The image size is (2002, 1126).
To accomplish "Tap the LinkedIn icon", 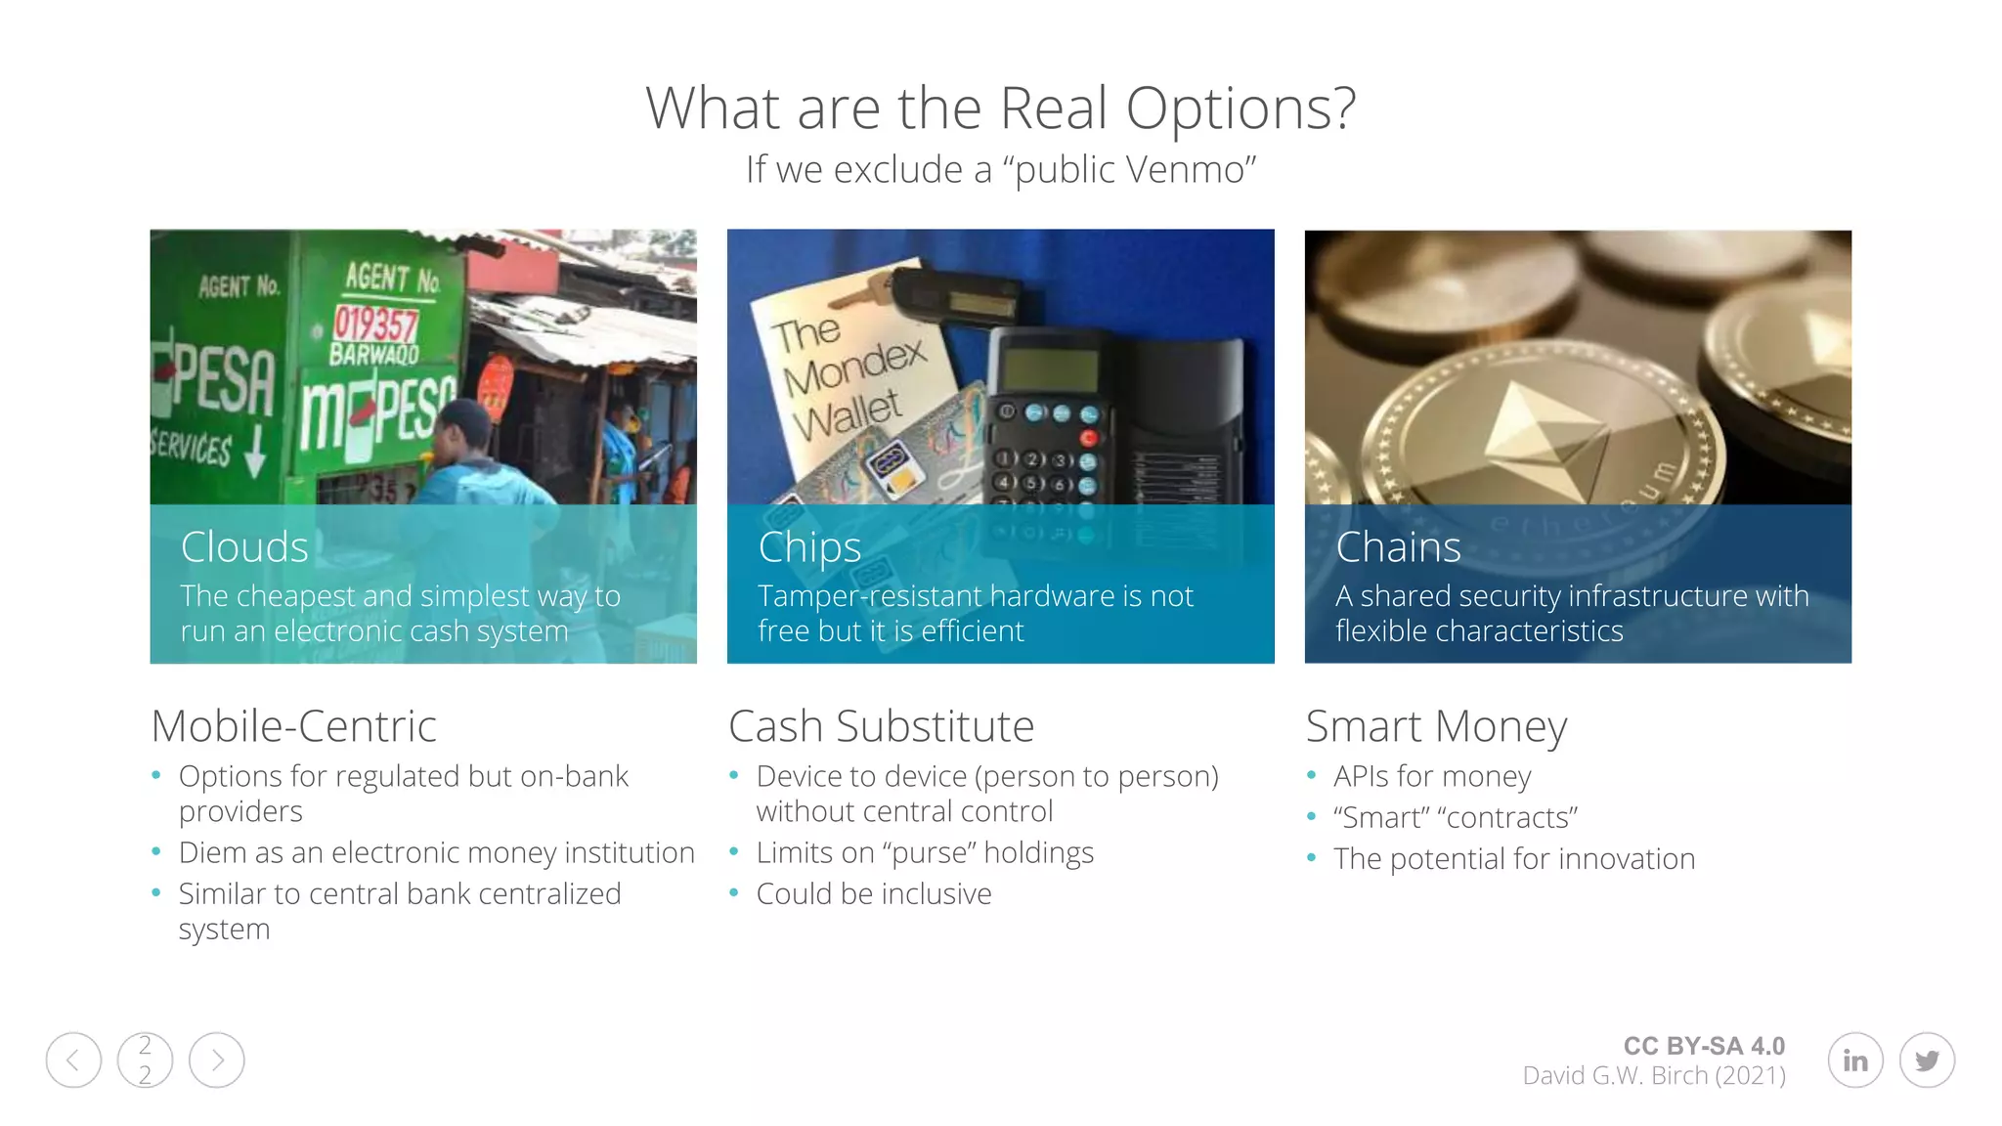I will (x=1854, y=1061).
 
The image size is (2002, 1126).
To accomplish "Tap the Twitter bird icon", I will (x=1927, y=1061).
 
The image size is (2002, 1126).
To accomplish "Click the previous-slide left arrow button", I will (x=73, y=1061).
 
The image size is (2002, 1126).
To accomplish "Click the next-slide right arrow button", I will (x=216, y=1061).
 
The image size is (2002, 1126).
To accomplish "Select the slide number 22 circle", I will (x=145, y=1061).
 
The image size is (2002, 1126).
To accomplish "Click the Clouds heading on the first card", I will (x=244, y=547).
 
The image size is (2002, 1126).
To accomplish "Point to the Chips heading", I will (x=809, y=547).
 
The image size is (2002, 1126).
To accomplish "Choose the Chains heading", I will (x=1398, y=547).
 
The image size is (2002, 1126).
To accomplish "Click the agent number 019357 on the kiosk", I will (x=375, y=325).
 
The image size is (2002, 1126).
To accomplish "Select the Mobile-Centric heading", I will (x=293, y=726).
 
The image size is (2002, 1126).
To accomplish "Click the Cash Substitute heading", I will (x=881, y=726).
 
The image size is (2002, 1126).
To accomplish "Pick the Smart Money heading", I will (x=1436, y=726).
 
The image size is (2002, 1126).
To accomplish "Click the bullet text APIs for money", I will (x=1432, y=776).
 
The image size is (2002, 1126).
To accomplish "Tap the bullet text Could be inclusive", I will (x=874, y=893).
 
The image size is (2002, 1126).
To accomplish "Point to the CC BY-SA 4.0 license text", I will (x=1704, y=1046).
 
